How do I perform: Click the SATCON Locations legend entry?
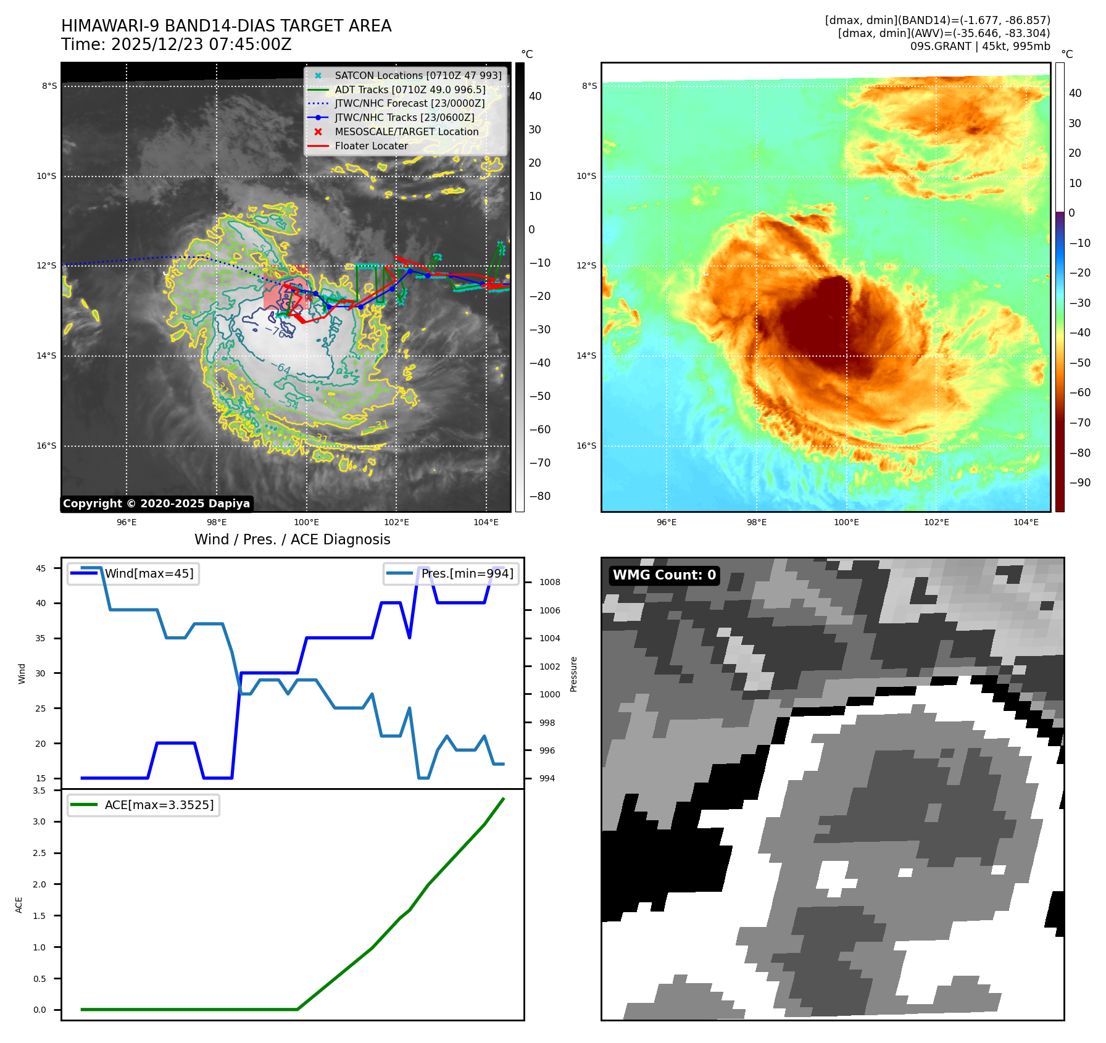click(418, 75)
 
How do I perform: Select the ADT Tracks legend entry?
click(410, 89)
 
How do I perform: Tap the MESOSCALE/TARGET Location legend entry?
click(406, 131)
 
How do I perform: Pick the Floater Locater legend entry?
click(371, 146)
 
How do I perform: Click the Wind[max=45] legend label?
click(149, 573)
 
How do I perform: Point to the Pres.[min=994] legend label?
click(467, 573)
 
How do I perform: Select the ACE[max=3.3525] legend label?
click(159, 805)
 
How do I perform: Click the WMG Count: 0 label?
click(664, 575)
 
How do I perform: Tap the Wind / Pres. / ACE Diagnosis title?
click(292, 539)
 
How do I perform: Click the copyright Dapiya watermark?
click(156, 504)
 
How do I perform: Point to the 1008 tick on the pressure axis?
click(549, 582)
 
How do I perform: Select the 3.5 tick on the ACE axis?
click(39, 791)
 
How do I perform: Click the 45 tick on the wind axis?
click(41, 568)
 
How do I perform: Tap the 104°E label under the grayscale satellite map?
click(486, 522)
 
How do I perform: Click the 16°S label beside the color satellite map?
click(586, 446)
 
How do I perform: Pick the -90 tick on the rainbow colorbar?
click(1079, 483)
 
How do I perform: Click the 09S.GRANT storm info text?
click(979, 46)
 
